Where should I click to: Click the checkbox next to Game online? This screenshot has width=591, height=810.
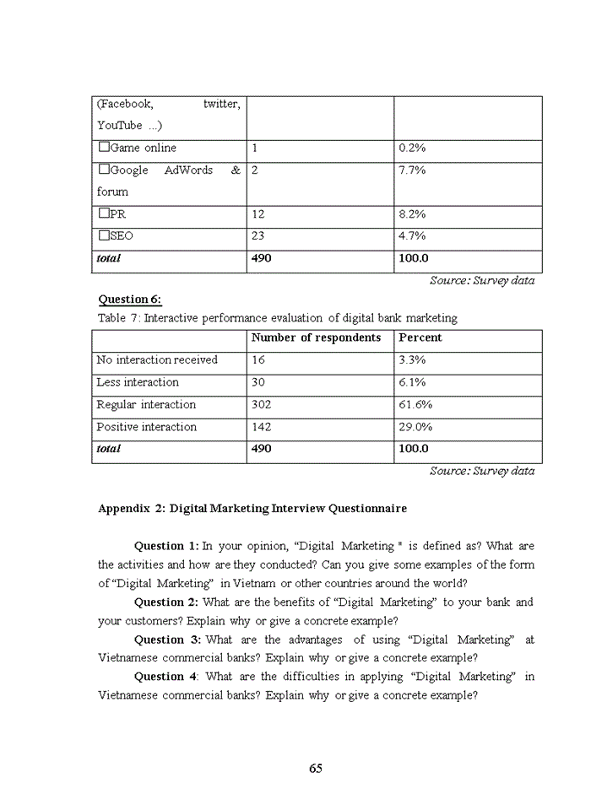(104, 147)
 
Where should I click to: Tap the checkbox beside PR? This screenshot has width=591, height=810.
(104, 213)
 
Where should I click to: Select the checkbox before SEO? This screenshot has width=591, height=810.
(104, 235)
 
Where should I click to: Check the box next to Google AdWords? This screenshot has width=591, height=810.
(104, 170)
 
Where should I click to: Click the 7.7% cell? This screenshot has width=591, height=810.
(412, 170)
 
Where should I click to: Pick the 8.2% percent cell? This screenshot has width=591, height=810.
(412, 214)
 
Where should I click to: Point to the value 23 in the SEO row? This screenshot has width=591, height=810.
(258, 236)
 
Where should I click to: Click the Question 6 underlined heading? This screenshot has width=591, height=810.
(130, 299)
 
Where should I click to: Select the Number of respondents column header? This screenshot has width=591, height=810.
(317, 337)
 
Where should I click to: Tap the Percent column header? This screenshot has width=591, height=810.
(420, 337)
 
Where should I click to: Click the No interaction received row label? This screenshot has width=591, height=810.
(157, 359)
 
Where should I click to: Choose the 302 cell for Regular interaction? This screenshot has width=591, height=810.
(262, 404)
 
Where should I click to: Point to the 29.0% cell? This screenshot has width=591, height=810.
(415, 427)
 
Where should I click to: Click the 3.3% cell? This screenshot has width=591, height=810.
(412, 359)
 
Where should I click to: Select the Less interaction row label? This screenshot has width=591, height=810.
(138, 382)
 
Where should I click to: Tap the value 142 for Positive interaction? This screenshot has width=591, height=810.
(262, 427)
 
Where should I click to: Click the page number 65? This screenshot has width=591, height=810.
(316, 768)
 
